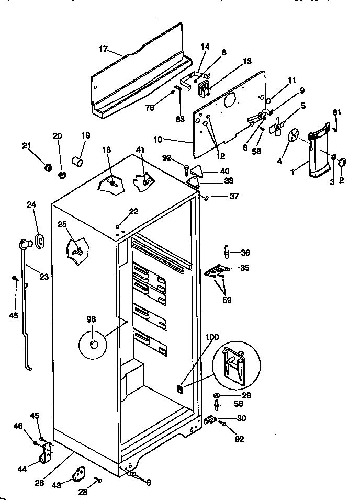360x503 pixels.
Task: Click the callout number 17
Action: tap(103, 49)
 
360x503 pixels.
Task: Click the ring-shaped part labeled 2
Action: tap(343, 163)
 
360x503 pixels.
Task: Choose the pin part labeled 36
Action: tap(228, 253)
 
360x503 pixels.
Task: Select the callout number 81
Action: tap(336, 112)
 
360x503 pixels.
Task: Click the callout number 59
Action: tap(227, 300)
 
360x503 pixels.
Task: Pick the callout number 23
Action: tap(43, 277)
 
